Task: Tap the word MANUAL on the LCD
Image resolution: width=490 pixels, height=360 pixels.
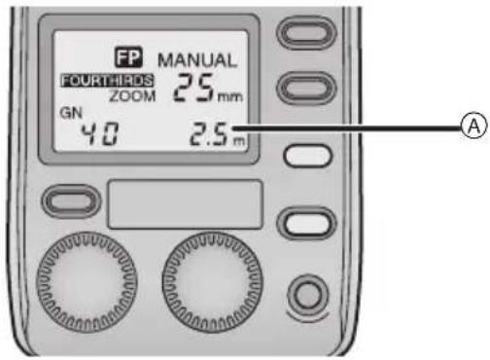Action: (198, 60)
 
